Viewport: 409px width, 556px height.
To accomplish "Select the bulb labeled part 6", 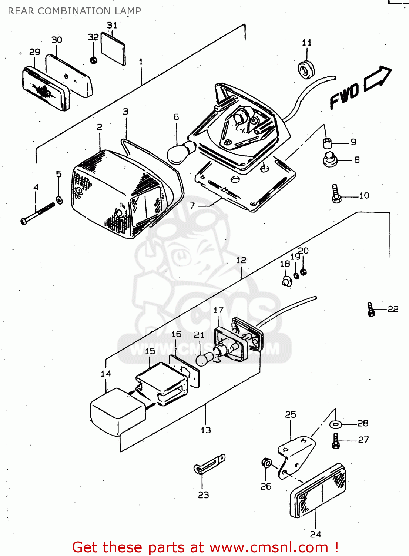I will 181,152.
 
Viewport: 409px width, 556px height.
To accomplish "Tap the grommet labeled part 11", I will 306,69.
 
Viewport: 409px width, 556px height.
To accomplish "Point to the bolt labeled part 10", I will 336,194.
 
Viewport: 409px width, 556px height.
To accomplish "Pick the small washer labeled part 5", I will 59,201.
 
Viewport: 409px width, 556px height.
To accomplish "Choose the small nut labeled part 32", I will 94,60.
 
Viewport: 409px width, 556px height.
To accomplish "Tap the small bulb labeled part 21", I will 205,358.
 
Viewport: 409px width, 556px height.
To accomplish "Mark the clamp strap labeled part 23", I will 209,464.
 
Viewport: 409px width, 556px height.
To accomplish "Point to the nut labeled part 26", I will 266,463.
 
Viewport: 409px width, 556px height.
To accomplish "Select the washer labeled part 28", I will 336,424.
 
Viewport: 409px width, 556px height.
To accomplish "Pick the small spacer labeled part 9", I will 327,142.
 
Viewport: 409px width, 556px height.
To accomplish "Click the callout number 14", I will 106,373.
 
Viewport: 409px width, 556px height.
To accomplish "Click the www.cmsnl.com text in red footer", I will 269,547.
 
